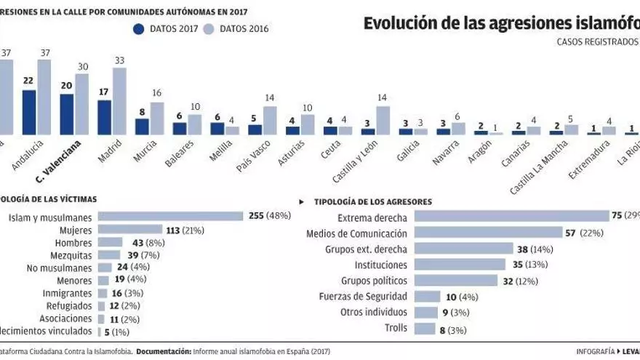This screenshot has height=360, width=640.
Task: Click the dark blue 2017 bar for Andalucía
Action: tap(29, 112)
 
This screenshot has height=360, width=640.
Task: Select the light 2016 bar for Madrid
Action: tap(119, 101)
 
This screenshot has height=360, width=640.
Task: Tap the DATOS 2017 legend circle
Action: tap(139, 28)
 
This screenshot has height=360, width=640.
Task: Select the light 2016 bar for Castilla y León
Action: tap(383, 120)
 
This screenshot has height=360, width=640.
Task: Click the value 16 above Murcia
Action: tap(157, 94)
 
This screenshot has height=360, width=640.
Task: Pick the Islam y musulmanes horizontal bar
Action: tap(170, 216)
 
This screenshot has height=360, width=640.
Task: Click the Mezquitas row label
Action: tap(71, 255)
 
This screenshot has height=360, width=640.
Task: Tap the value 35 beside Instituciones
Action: tap(517, 265)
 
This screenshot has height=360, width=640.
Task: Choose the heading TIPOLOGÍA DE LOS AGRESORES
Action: tap(373, 201)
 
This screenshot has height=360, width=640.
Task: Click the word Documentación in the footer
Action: tap(162, 351)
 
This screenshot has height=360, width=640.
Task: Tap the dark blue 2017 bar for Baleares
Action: tap(180, 128)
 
